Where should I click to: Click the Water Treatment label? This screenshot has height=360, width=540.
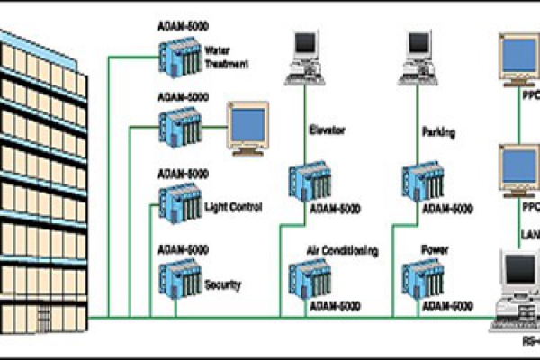(x=226, y=57)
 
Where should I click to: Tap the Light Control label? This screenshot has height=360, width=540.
(x=232, y=207)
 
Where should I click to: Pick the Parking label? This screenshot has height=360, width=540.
(x=438, y=132)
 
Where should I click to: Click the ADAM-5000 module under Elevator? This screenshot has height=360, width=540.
(x=310, y=182)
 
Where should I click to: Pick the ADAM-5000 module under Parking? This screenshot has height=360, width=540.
(x=424, y=182)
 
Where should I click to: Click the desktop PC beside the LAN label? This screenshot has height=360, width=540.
(x=518, y=288)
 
